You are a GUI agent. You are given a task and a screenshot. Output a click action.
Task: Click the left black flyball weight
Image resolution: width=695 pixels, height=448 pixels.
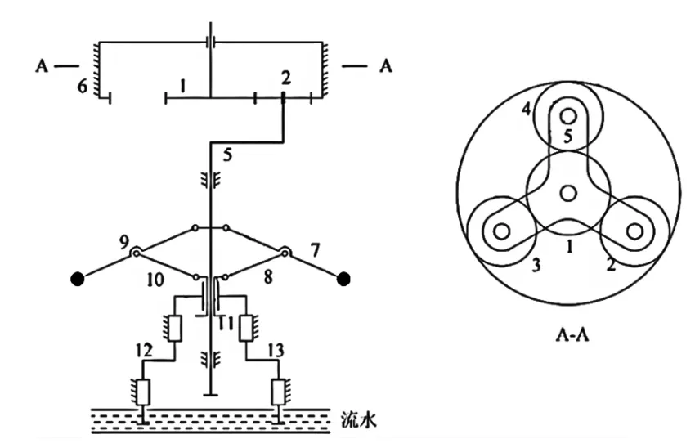tap(78, 280)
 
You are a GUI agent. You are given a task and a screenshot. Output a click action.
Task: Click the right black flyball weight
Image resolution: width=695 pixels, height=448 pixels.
tap(344, 280)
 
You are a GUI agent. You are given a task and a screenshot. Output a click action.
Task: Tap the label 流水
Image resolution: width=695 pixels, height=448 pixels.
tap(357, 422)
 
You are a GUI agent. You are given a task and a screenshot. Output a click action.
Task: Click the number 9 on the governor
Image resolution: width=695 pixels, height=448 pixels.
tap(123, 241)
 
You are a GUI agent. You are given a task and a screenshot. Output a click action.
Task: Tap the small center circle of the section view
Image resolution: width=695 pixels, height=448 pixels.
tap(567, 192)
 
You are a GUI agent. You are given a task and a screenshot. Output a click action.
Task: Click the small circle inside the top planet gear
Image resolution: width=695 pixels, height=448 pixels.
tap(567, 117)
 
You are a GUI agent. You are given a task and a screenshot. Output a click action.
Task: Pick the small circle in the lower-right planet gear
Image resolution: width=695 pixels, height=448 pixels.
tap(634, 230)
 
